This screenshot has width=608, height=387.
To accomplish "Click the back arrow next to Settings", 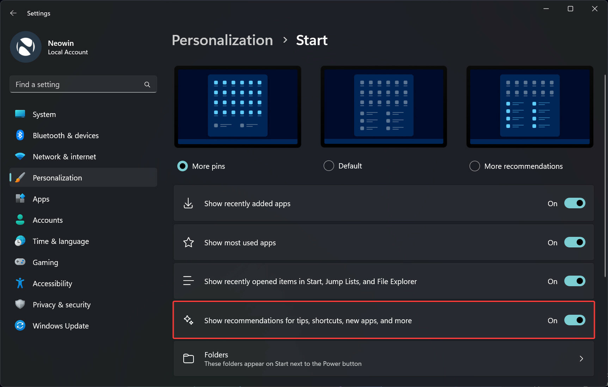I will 13,13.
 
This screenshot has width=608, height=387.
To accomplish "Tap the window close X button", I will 595,9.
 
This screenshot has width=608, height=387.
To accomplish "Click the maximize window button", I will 570,9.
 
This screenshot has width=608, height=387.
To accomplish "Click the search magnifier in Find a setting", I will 147,85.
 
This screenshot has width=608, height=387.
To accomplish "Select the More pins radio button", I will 183,166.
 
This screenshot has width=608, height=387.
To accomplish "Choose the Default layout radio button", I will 329,166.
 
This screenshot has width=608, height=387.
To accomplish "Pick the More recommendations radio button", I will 475,166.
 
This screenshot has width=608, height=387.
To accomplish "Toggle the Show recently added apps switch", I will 575,203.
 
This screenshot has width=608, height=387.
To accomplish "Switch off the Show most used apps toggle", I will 575,242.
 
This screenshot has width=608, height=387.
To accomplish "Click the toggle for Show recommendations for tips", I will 575,320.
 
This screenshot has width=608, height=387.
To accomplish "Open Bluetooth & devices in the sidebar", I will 66,136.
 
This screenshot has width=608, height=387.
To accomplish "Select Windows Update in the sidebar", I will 61,326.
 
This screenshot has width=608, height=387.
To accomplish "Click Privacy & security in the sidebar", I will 61,305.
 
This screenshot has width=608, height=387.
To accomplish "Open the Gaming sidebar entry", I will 45,263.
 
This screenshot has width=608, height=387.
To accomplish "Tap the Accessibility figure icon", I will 20,283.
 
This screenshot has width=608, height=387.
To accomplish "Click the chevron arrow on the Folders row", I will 581,359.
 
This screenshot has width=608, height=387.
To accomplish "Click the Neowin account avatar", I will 26,47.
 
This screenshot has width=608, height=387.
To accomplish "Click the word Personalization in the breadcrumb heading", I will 222,40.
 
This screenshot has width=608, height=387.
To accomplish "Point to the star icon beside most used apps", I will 189,242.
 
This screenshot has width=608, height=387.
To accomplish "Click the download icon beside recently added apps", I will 189,203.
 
